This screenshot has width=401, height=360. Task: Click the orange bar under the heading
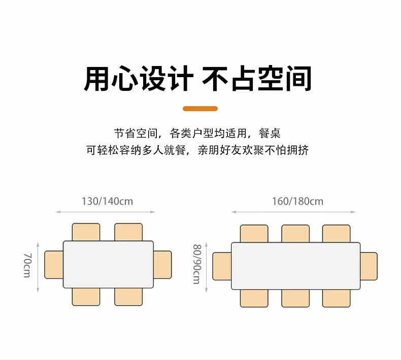(x=200, y=109)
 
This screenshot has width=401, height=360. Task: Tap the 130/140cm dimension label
(x=107, y=201)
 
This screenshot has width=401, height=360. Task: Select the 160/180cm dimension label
(x=297, y=201)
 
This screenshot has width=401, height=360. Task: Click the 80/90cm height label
(x=196, y=264)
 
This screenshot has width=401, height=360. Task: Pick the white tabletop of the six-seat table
(x=108, y=264)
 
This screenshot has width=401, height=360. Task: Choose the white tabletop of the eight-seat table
(x=296, y=266)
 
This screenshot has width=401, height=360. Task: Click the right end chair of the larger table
(x=369, y=266)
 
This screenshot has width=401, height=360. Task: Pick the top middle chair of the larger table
(x=295, y=233)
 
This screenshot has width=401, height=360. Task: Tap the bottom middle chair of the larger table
(x=295, y=299)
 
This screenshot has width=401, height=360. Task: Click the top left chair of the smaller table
(x=86, y=232)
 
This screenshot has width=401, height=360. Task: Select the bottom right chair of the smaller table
(x=128, y=297)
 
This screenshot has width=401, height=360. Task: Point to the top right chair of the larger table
(x=336, y=233)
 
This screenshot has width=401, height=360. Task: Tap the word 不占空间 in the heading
(x=257, y=78)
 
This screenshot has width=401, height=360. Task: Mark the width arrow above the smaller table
(x=106, y=212)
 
